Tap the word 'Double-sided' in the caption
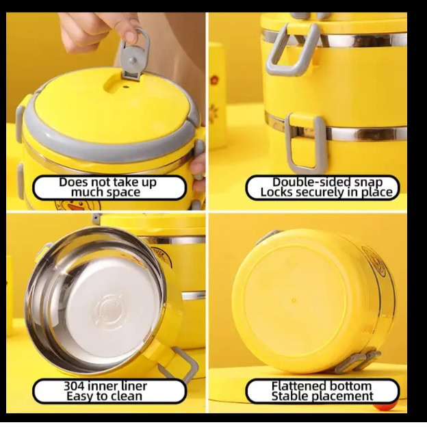point(306,182)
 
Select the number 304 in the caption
point(75,386)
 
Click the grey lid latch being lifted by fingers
point(135,55)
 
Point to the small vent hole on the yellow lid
point(125,88)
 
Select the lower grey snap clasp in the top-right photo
point(305,144)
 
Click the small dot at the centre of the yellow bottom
point(294,300)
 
